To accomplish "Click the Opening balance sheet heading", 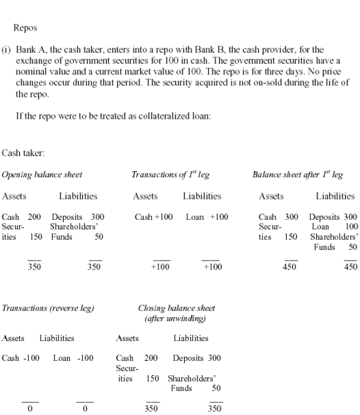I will coord(42,175).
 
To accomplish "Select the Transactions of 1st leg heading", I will coord(170,175).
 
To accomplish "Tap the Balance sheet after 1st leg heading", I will coord(298,175).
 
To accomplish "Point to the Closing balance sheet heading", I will coord(176,308).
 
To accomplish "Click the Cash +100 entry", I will coord(154,217).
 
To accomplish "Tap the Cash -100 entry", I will coord(21,358).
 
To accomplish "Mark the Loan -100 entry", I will coord(73,358).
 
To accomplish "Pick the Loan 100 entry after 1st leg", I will coord(335,227).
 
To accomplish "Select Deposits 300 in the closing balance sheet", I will coord(196,358).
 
